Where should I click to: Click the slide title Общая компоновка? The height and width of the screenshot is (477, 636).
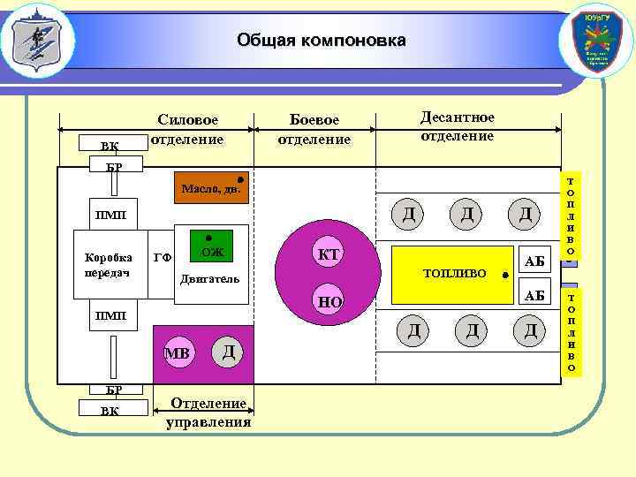322,41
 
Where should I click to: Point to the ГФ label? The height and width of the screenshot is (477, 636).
162,258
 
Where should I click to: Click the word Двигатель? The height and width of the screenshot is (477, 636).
209,280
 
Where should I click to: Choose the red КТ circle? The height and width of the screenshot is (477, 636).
329,255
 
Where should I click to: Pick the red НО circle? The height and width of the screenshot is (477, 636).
329,302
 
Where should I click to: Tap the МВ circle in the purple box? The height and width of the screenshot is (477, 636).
178,354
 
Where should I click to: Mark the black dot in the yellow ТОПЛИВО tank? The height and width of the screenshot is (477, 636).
503,276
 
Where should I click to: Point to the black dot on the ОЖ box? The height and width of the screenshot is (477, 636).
208,238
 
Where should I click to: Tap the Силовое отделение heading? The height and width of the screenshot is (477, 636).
187,130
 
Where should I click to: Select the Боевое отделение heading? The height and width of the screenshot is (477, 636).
314,130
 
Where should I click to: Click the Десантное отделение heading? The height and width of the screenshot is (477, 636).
457,126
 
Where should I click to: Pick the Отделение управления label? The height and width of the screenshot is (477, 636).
208,413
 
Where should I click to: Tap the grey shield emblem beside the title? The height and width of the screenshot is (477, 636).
36,41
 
